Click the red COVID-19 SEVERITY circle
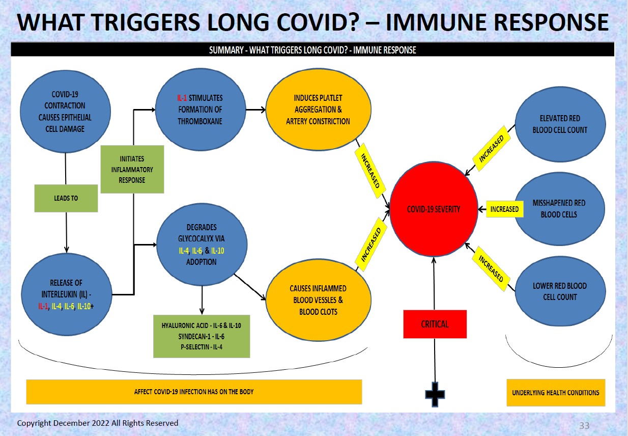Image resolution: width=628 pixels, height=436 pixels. click(433, 209)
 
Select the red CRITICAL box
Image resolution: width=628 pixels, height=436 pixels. click(435, 324)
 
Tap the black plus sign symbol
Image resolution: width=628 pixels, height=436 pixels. click(435, 394)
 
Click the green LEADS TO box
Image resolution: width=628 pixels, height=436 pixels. click(66, 198)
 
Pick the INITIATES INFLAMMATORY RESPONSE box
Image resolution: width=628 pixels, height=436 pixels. click(132, 169)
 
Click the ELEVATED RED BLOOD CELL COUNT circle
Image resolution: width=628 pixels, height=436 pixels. click(560, 124)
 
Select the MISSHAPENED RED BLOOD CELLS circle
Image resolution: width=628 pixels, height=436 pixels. click(560, 209)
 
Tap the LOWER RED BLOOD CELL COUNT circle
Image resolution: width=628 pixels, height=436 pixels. click(560, 291)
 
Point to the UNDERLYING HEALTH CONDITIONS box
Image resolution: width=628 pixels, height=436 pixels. click(556, 393)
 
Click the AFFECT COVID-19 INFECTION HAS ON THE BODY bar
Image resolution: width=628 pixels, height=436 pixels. click(193, 392)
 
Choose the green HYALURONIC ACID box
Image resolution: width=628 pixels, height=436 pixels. click(202, 336)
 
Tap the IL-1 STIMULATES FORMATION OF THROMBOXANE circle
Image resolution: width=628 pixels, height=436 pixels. click(200, 110)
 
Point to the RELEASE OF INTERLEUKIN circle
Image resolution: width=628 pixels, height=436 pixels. click(66, 294)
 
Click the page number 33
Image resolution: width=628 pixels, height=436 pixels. click(584, 425)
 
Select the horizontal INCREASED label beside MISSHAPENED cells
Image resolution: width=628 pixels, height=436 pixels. click(504, 209)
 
